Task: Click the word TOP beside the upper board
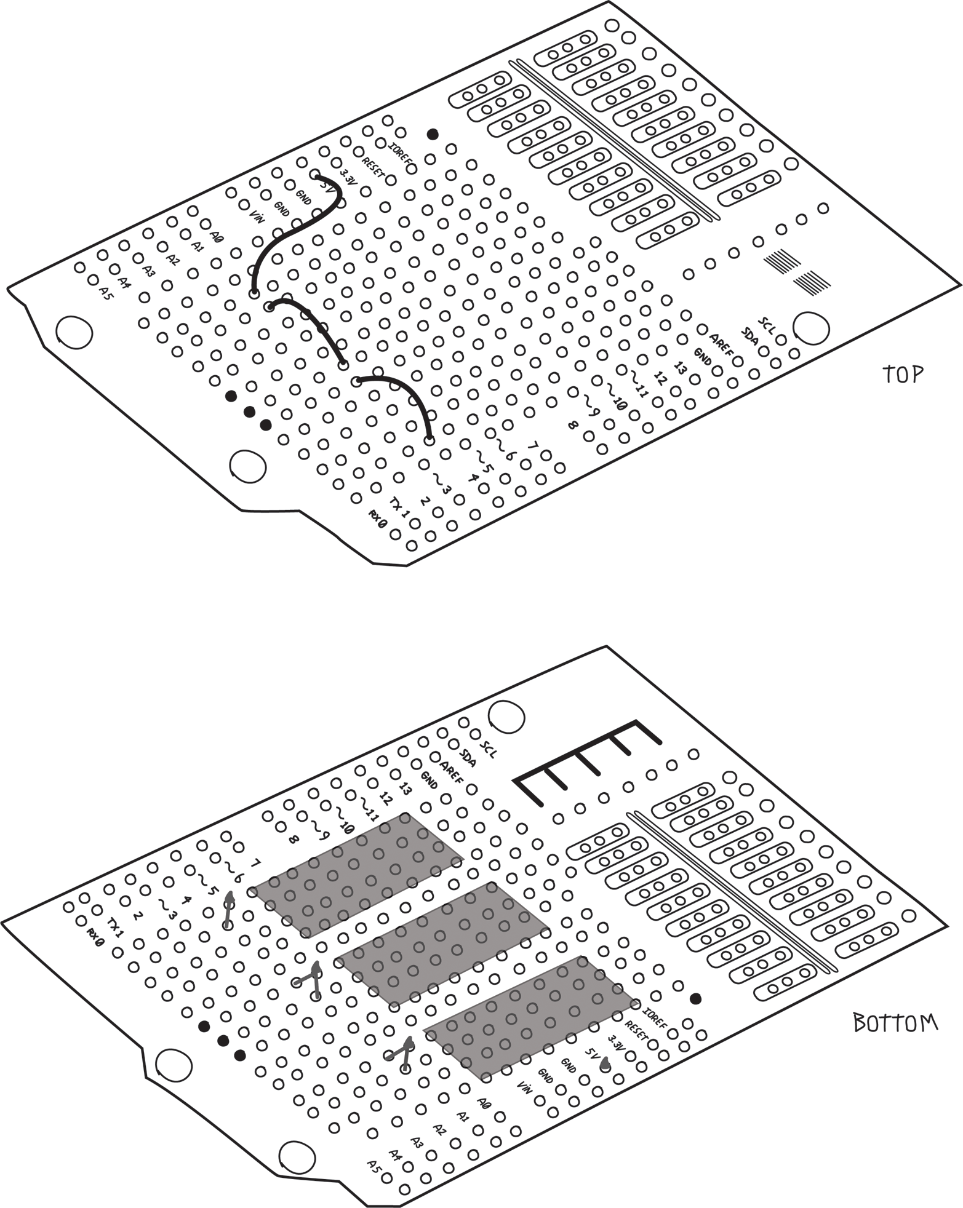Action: [903, 374]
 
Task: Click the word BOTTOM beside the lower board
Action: [895, 1023]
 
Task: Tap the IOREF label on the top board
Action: [402, 154]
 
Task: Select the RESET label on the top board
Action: [374, 167]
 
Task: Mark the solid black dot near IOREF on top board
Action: [433, 133]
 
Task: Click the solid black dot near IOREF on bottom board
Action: [696, 998]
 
